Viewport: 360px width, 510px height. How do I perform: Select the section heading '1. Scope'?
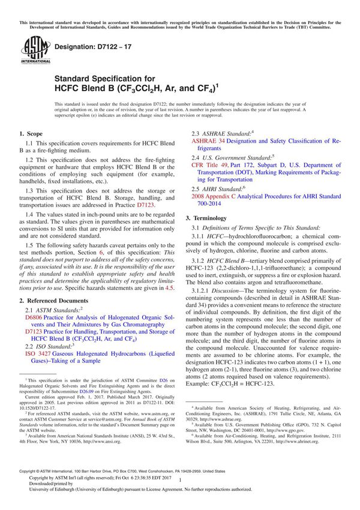point(32,134)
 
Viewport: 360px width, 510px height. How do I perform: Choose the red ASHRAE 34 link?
point(208,140)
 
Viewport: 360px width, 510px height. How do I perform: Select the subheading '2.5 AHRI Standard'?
point(221,188)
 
